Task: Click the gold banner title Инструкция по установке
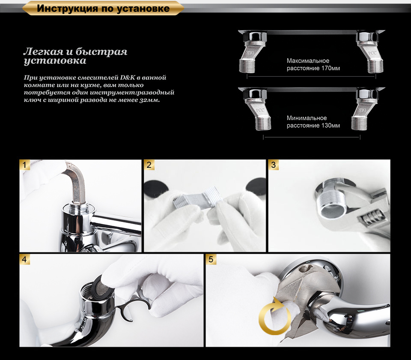click(x=103, y=9)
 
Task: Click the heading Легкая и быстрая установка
click(x=75, y=56)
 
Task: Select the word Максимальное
click(x=308, y=61)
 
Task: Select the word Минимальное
click(x=307, y=118)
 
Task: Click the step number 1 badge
click(x=25, y=165)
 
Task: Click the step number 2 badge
click(x=149, y=165)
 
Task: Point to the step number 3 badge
click(x=274, y=165)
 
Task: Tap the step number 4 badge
click(x=25, y=259)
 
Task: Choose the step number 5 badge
click(x=211, y=259)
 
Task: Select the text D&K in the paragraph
click(x=128, y=78)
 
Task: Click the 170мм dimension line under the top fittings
click(x=311, y=77)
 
